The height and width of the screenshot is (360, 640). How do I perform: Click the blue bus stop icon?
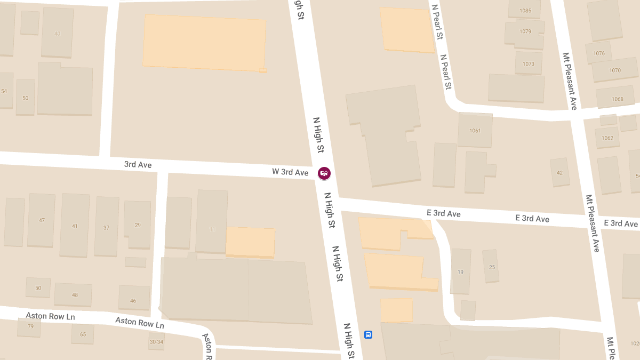368,334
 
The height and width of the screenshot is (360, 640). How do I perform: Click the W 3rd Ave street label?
290,172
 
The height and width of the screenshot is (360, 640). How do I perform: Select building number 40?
58,34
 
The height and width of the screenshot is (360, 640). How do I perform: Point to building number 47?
42,220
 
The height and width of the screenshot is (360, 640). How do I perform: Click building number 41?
75,226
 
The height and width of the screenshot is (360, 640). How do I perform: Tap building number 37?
107,227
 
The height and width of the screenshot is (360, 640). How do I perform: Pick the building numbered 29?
138,225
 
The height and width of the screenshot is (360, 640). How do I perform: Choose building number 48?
75,295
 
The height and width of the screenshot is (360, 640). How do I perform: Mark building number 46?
133,300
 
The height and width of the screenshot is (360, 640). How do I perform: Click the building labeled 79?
30,326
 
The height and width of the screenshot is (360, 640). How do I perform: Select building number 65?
83,334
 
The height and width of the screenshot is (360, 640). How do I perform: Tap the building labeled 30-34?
156,342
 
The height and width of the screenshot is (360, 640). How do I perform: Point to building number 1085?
525,11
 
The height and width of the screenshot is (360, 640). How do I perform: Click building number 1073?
529,64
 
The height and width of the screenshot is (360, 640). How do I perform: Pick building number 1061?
475,131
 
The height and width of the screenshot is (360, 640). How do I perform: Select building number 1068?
618,99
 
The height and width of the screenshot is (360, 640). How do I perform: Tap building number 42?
559,172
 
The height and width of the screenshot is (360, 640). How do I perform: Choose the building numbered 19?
461,272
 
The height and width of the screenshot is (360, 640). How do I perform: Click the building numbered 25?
492,267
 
